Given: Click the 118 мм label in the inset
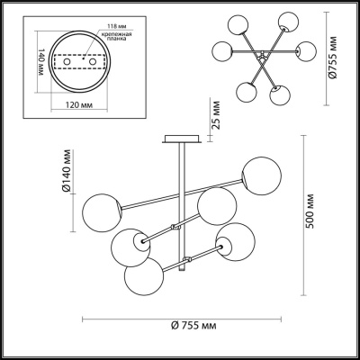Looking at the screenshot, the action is point(115,26).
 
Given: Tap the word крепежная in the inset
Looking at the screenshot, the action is point(116,34).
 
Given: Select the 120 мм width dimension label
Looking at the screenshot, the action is point(79,105).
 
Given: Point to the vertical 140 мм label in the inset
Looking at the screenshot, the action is point(41,62).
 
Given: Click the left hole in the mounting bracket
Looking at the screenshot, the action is point(67,61).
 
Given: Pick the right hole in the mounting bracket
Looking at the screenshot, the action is point(94,61).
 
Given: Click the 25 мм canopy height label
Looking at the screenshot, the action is point(216,115).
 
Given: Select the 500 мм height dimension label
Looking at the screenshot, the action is point(310,211).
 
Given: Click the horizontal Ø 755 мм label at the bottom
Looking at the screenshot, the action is point(193,325).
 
